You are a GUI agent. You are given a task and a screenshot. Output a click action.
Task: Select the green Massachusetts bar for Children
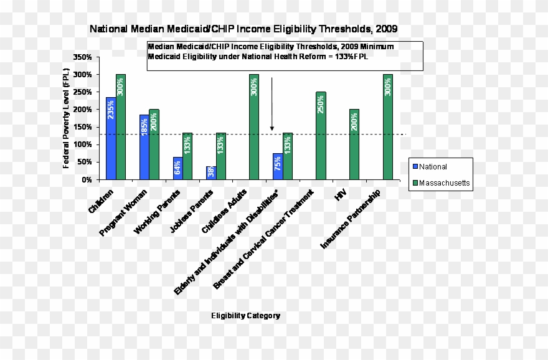point(121,127)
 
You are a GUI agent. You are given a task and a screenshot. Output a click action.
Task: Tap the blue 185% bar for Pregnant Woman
point(144,147)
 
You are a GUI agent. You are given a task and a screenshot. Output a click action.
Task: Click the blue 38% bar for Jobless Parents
point(211,173)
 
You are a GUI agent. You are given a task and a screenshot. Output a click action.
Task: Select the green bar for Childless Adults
point(254,127)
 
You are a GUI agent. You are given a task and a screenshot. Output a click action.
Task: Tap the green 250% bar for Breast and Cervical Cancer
point(321,136)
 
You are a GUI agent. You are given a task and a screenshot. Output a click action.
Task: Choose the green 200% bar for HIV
point(354,144)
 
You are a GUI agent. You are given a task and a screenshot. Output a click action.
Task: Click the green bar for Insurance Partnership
point(388,127)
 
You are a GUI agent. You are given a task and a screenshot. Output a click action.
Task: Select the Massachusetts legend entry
point(440,184)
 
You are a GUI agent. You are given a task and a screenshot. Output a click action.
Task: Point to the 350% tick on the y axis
point(82,57)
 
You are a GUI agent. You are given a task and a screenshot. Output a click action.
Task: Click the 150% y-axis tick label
point(82,127)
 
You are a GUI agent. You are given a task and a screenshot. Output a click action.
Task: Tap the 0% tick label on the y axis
point(87,179)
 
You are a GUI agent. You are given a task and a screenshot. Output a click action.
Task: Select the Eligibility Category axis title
point(245,316)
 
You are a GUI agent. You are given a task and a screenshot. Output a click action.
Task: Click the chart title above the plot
point(243,29)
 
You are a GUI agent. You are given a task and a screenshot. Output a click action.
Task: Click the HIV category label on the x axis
point(340,196)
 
